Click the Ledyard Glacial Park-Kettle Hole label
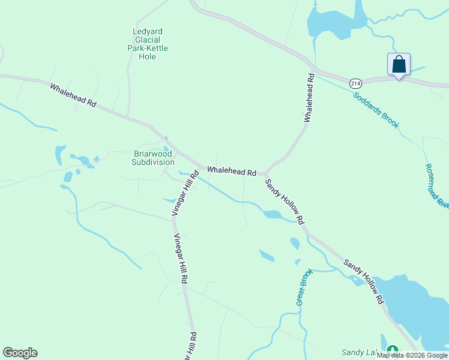148,44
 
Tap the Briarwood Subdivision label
153,158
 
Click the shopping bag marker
399,65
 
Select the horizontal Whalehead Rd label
232,172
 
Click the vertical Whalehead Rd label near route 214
310,98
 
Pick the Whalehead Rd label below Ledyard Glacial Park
73,95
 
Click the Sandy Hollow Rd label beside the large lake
364,281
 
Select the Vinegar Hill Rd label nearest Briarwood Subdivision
185,193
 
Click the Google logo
20,353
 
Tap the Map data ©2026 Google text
412,355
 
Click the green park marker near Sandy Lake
393,350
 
